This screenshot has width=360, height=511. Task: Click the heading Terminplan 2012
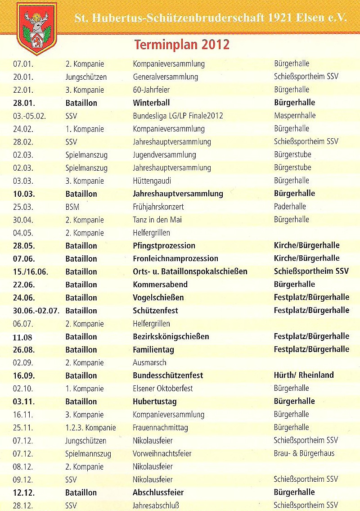(181, 45)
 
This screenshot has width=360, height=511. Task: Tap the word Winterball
(151, 103)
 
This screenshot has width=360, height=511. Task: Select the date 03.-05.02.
(30, 116)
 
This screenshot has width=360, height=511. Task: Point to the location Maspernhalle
(295, 116)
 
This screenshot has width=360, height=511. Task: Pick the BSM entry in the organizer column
(72, 207)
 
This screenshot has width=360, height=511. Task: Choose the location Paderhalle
(290, 207)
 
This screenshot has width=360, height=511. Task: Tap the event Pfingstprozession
(164, 246)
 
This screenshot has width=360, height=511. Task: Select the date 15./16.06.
(31, 272)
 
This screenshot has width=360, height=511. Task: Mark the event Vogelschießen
(158, 298)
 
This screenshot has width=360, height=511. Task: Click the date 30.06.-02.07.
(36, 311)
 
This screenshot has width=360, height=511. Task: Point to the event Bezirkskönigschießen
(171, 337)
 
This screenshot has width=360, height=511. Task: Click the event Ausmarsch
(149, 363)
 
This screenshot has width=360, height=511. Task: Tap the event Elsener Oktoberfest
(162, 389)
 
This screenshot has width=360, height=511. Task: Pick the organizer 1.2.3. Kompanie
(90, 428)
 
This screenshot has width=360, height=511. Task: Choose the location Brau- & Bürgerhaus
(304, 453)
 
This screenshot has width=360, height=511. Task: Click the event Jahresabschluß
(156, 506)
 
